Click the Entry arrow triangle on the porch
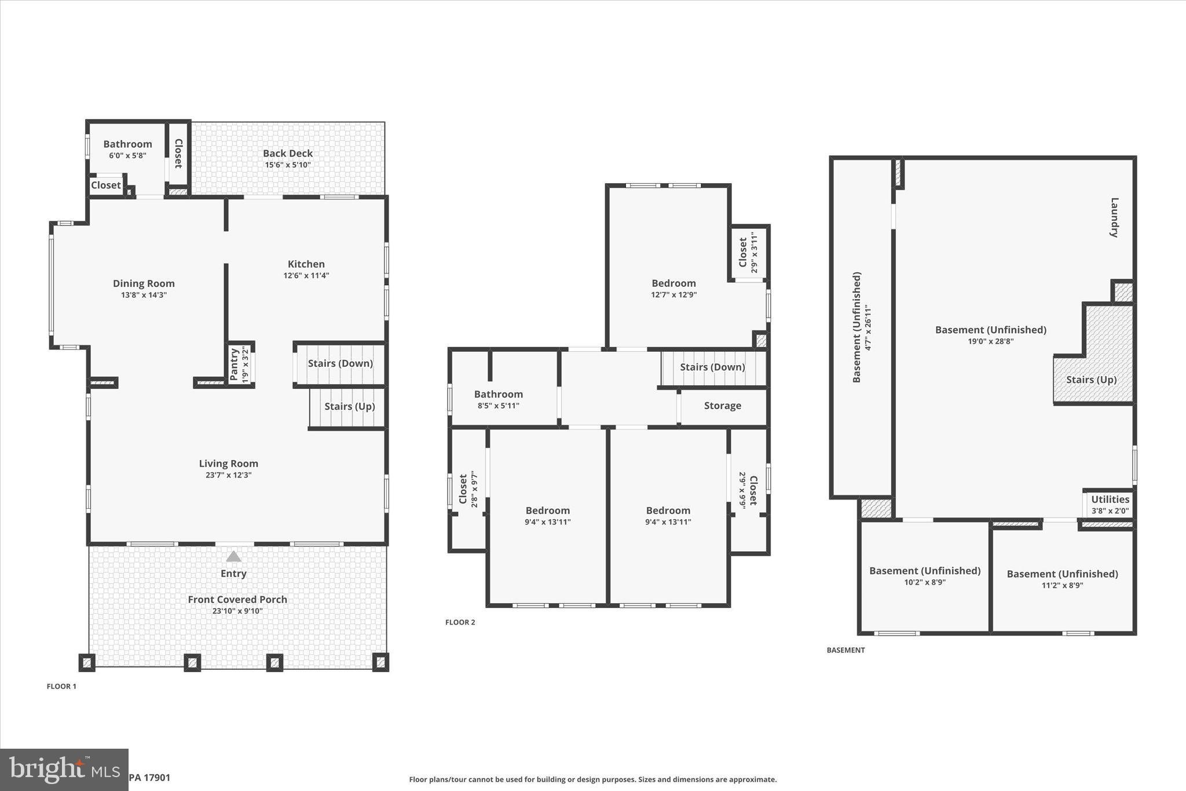coord(233,557)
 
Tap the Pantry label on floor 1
coord(235,364)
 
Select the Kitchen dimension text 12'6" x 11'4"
coord(306,276)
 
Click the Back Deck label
coord(288,153)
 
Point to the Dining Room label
coord(144,283)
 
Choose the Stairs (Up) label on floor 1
coord(349,406)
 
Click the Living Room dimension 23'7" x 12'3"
coord(228,475)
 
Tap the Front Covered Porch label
coord(237,599)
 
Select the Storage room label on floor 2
coord(722,406)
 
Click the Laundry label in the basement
coord(1114,217)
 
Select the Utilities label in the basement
coord(1110,499)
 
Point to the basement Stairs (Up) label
coord(1091,380)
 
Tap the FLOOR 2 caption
coord(460,622)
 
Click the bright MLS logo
coord(64,770)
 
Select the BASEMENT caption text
coord(845,650)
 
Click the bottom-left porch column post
coord(87,662)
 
